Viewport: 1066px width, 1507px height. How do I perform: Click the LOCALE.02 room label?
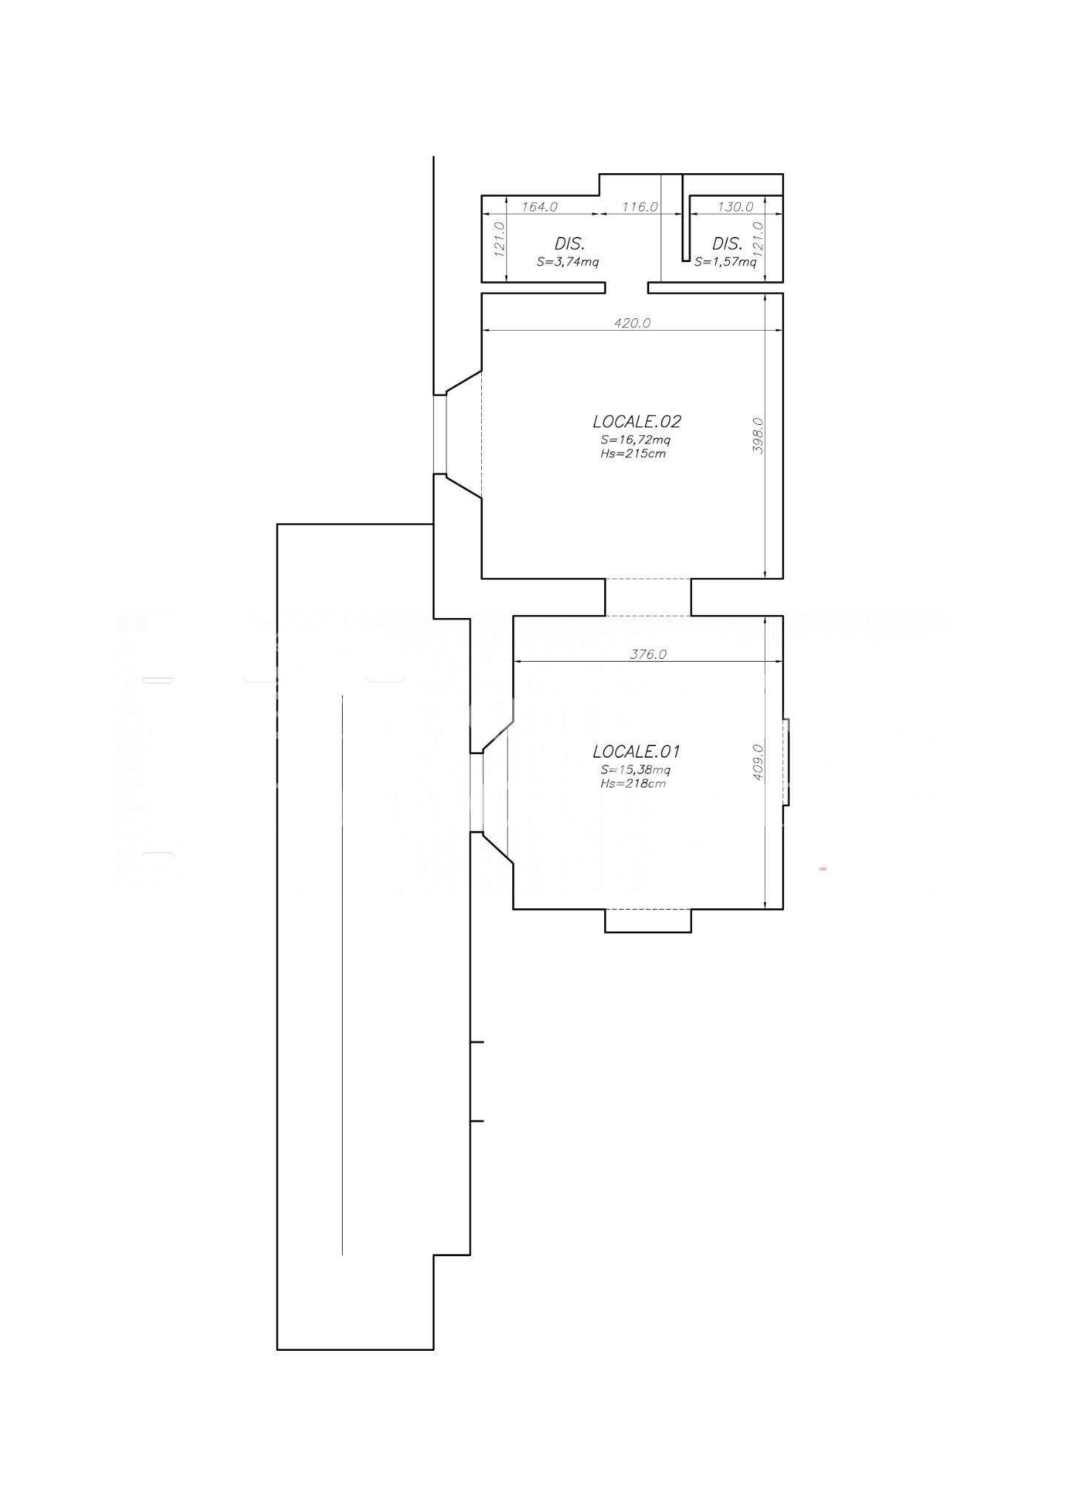637,421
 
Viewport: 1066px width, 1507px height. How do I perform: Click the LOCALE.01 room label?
637,751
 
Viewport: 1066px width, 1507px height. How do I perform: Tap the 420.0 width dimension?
632,323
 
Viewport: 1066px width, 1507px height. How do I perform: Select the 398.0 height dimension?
757,435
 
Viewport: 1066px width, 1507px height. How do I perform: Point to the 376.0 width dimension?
648,654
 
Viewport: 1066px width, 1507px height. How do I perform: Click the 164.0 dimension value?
540,207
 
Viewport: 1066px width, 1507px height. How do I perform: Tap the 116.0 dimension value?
640,207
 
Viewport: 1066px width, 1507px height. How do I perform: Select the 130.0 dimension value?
735,207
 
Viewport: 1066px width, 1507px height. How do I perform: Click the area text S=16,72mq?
636,440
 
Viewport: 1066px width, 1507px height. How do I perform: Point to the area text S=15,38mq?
636,770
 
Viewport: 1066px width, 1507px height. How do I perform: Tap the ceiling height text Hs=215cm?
633,453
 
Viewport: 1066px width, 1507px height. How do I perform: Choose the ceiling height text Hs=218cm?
633,783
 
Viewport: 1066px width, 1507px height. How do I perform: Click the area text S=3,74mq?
568,261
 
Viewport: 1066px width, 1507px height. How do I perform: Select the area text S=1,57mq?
725,261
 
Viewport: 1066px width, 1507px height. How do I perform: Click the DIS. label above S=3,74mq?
570,243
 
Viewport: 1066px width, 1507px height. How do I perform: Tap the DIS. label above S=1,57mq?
728,243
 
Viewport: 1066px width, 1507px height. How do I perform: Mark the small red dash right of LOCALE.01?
822,868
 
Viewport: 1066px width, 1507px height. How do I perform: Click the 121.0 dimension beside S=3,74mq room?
498,238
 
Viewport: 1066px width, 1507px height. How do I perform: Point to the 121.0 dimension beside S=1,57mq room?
757,238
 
